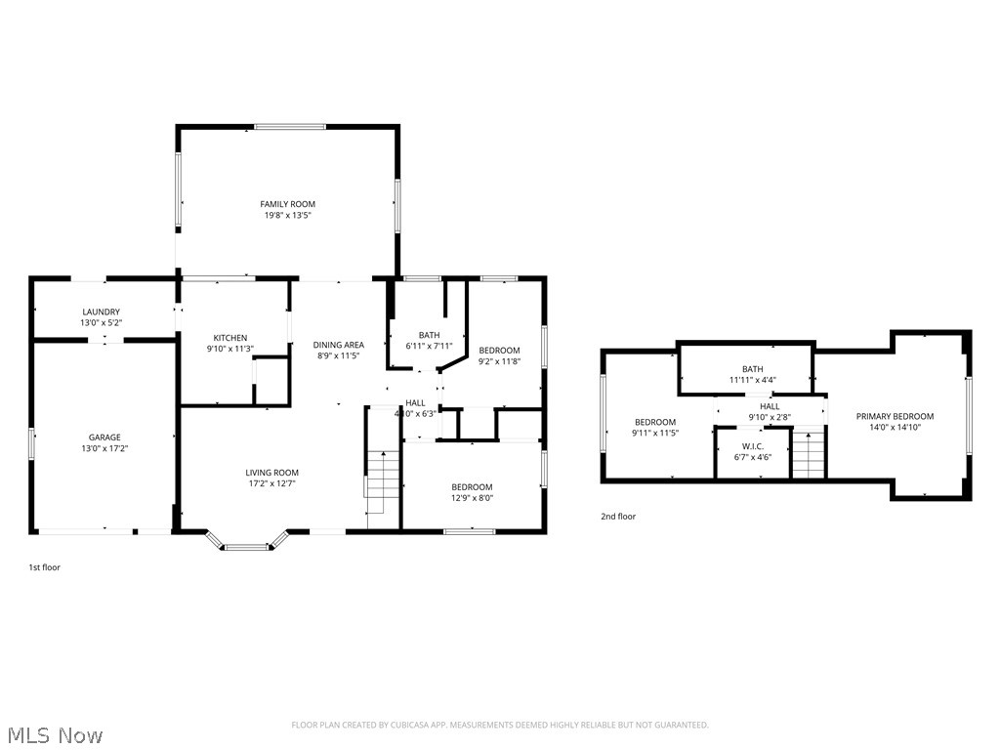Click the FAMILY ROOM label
coord(287,204)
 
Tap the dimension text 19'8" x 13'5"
coord(287,215)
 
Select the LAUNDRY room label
coord(101,312)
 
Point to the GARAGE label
coord(104,437)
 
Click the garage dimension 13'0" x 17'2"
coord(104,448)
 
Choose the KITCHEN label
coord(230,338)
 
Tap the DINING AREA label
coord(338,345)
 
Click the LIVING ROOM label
coord(271,473)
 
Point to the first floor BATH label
coord(429,335)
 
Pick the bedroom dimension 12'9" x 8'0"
coord(472,498)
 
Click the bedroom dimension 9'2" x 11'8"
coord(499,361)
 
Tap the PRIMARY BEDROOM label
coord(895,416)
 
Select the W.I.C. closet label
coord(752,446)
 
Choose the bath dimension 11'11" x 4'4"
coord(752,380)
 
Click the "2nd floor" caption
coord(617,517)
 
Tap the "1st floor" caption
coord(44,566)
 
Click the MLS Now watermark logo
coord(54,734)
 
